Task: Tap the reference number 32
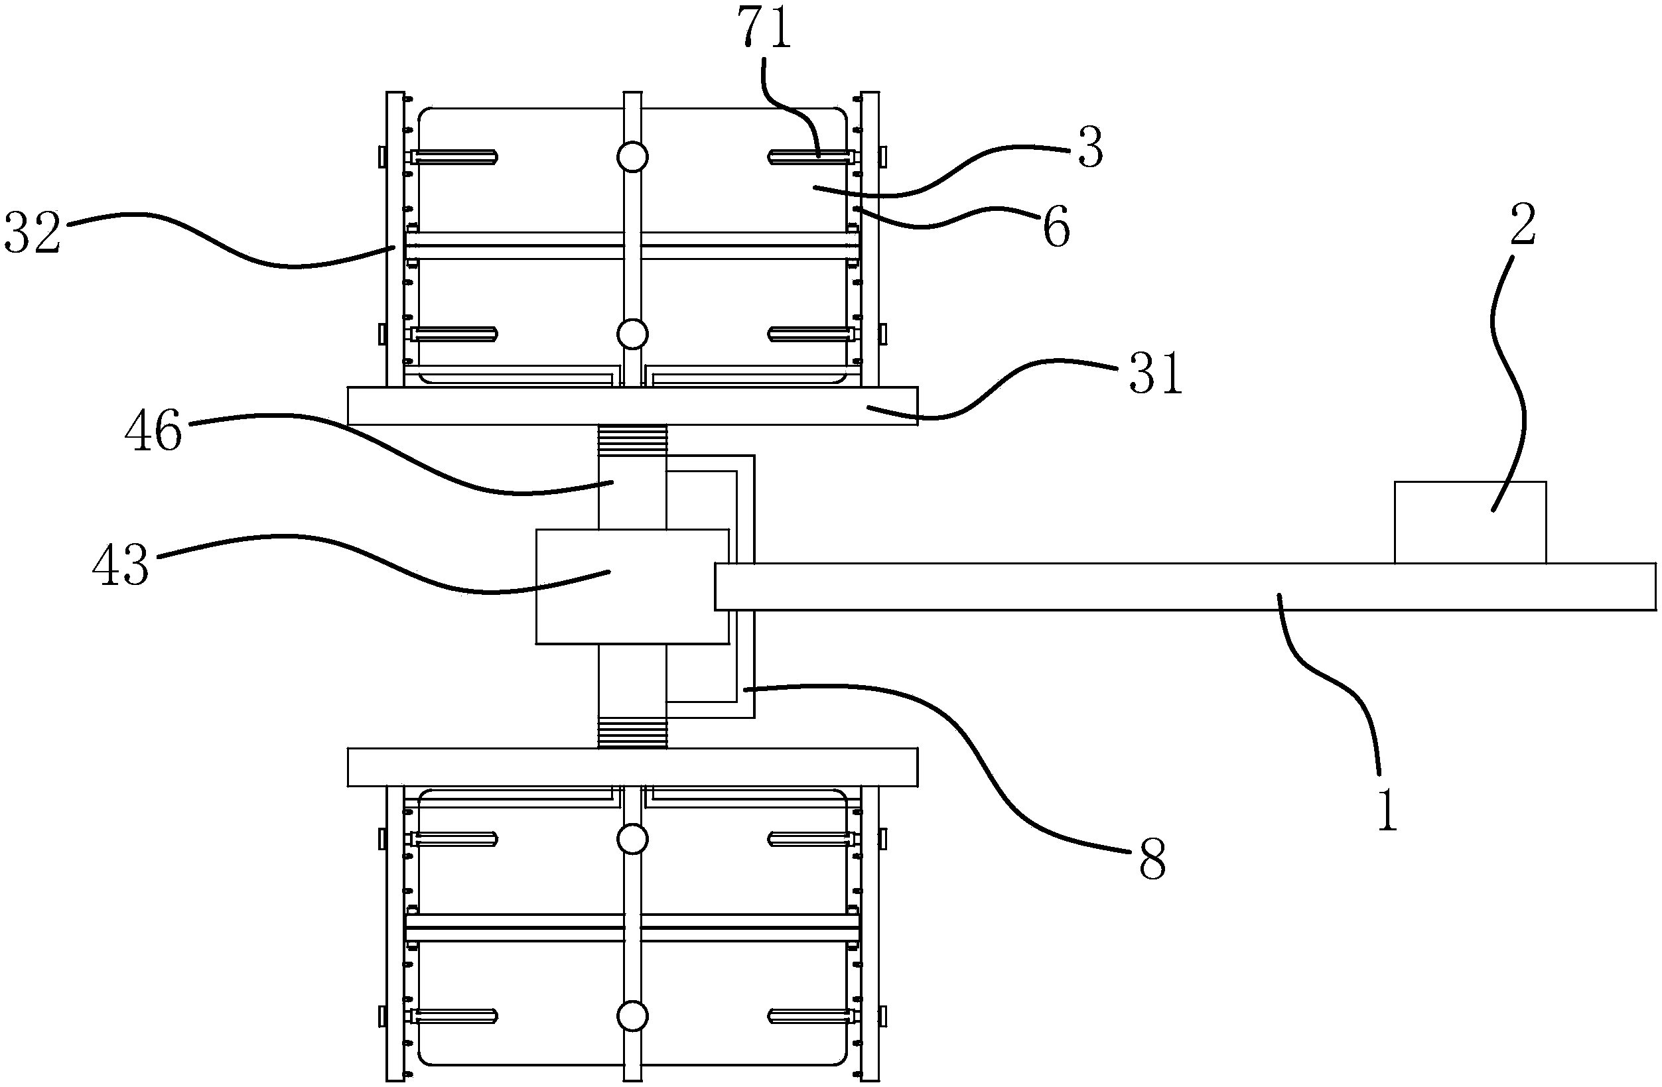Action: click(32, 234)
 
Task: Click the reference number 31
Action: click(1156, 373)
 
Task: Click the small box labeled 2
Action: click(1470, 522)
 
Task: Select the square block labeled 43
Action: click(633, 586)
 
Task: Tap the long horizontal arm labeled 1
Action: click(1185, 586)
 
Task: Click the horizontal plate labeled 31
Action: click(633, 406)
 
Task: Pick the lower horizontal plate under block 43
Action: click(633, 767)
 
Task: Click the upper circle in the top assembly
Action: click(633, 157)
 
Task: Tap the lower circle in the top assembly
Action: click(633, 334)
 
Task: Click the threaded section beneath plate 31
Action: click(633, 441)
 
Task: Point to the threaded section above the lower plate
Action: click(633, 732)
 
